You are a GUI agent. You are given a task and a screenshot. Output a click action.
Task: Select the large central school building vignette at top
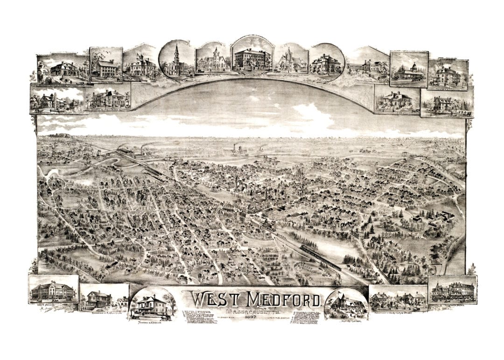252,58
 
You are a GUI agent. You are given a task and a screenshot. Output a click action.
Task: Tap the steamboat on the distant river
240,149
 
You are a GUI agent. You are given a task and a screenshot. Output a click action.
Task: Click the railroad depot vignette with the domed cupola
409,70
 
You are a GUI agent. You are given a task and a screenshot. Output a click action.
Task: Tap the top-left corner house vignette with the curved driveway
63,70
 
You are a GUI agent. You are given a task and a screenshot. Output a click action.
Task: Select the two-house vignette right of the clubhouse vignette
398,298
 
